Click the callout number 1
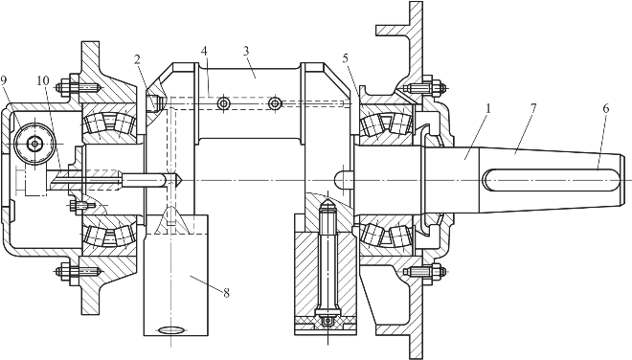[x=488, y=108]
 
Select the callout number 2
[x=137, y=60]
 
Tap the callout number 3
[x=246, y=51]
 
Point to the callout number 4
[x=204, y=51]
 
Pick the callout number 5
[x=346, y=58]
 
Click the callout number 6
[x=606, y=108]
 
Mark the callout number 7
[x=532, y=108]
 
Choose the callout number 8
[x=227, y=293]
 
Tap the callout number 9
[x=4, y=79]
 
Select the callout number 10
[x=43, y=80]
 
